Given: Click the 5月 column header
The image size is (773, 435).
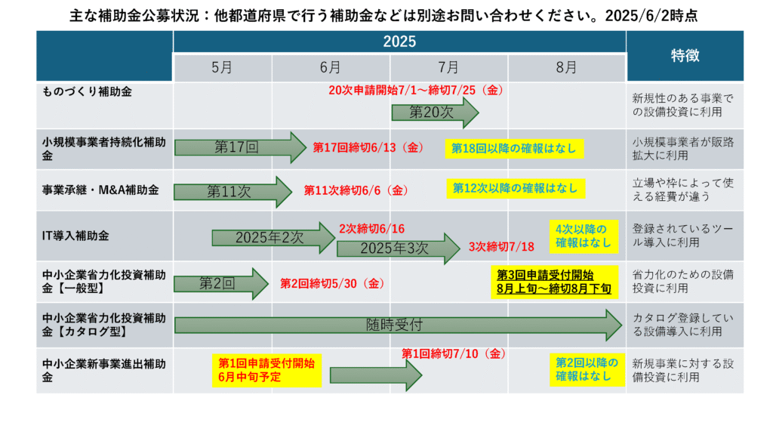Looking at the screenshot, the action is point(223,67).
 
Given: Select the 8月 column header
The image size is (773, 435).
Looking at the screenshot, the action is point(567,67).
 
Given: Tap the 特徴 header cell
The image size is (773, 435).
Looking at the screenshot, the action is point(685,56).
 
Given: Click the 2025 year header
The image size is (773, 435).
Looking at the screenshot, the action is point(399,42).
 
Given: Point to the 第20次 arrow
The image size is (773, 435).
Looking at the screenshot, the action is point(435,113).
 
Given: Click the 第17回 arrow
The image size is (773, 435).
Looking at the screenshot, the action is point(240,147).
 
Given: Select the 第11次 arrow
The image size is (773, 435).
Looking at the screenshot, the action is point(233,191).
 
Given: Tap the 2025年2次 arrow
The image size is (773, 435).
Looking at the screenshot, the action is point(273,238).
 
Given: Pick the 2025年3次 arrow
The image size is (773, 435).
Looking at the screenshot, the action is point(399,248).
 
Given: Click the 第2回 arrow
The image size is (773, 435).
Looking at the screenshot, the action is point(221,284).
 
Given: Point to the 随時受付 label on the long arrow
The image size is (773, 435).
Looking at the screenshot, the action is point(394,325).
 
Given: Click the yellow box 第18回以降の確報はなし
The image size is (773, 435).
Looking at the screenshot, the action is point(514,149).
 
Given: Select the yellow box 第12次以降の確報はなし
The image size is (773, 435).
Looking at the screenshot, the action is point(516,188).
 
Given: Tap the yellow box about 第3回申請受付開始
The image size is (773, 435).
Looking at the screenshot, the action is point(554,282).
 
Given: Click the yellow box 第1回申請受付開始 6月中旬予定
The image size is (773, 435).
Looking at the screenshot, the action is point(266,370).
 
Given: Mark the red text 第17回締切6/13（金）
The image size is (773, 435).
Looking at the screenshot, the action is point(368,147).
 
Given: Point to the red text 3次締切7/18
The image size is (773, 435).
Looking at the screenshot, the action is point(501,247).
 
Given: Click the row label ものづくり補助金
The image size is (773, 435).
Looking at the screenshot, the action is point(87,91).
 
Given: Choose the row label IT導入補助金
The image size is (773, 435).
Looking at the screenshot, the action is point(75,236).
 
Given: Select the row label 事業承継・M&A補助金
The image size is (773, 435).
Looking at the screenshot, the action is point(100,190).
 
